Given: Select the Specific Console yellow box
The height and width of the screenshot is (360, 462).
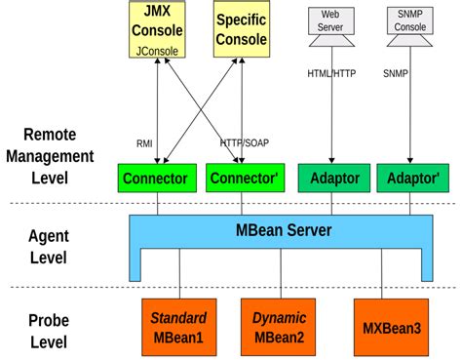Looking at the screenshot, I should (x=240, y=29).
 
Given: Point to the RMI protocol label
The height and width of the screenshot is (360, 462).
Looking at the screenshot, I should (x=143, y=142).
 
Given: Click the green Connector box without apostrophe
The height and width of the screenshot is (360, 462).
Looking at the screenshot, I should (x=156, y=179).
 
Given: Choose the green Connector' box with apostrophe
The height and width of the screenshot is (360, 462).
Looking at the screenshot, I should (x=242, y=179).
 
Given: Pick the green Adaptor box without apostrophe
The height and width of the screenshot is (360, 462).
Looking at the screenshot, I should (x=331, y=179).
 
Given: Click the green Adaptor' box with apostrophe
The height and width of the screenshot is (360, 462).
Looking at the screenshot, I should (x=410, y=179).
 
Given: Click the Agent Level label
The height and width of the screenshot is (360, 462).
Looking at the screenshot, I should (x=48, y=245).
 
